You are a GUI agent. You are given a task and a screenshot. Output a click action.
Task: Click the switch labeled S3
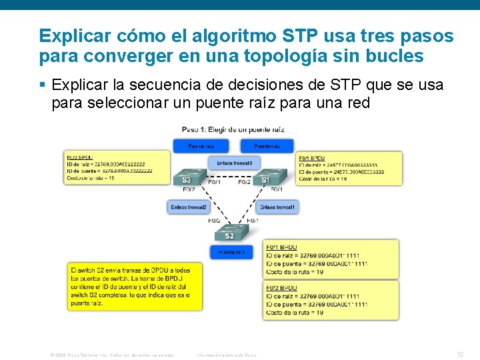[187, 177]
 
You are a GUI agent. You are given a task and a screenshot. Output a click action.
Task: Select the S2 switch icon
[229, 233]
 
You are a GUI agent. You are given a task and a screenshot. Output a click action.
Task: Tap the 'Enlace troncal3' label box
[234, 163]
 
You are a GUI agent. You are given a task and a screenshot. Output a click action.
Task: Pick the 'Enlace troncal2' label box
[189, 207]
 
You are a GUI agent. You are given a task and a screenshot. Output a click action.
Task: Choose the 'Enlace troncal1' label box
[277, 207]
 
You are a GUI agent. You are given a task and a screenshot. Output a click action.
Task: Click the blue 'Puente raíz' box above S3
[200, 145]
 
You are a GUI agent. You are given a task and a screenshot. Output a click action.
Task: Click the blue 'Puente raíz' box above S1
[267, 145]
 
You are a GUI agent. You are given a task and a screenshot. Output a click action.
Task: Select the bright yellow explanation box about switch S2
[135, 286]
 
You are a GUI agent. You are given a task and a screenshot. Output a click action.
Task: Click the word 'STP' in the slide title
[301, 35]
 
